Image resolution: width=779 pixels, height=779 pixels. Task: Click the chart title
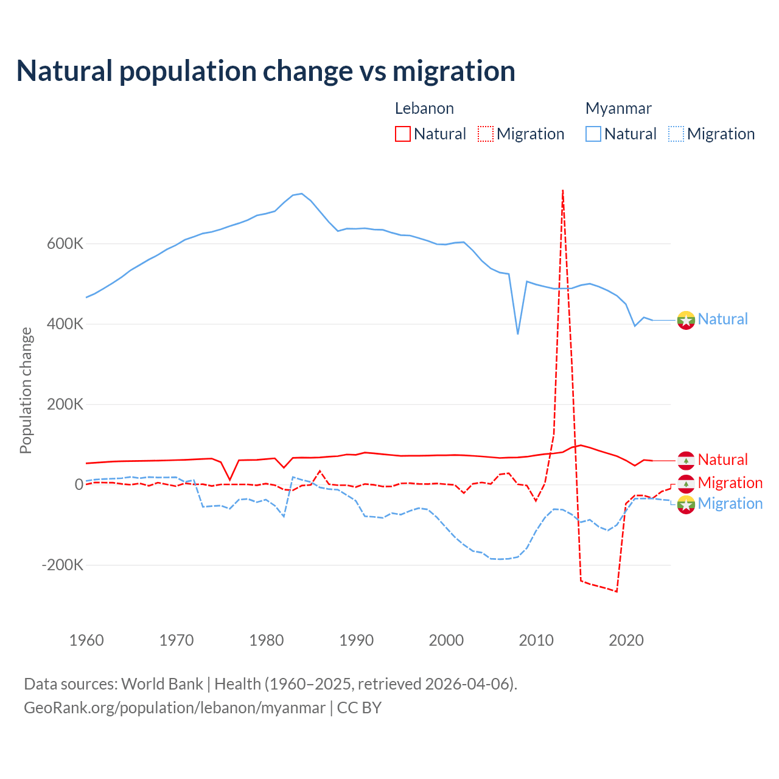(266, 71)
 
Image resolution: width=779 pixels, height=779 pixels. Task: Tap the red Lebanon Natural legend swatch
(403, 134)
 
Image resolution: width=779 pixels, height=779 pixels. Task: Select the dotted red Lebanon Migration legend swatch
(486, 134)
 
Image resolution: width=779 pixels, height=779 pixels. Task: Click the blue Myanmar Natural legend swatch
(593, 134)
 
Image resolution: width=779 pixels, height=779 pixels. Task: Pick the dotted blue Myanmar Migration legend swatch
(676, 134)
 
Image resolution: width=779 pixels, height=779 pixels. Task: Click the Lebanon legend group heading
(424, 108)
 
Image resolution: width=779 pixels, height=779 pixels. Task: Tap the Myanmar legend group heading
(618, 108)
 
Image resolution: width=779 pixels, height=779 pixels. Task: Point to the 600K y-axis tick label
(65, 243)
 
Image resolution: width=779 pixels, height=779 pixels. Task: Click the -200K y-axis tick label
(63, 565)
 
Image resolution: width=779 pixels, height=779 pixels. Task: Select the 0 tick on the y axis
(79, 484)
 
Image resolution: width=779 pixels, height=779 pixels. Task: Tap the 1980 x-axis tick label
(267, 640)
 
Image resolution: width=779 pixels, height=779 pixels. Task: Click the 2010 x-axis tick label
(536, 640)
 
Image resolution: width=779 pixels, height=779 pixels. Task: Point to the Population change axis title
(26, 390)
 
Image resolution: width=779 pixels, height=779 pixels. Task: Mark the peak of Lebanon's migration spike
(563, 190)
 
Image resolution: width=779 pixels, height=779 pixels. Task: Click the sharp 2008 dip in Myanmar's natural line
(518, 334)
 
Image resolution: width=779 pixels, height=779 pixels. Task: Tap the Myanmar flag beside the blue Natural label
(686, 320)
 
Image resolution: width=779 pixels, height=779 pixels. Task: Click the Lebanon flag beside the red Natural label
(686, 460)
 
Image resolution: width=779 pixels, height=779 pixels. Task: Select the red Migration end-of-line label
(730, 483)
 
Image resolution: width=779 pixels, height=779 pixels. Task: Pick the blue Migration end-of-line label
(730, 503)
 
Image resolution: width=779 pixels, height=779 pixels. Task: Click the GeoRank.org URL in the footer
(175, 708)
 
